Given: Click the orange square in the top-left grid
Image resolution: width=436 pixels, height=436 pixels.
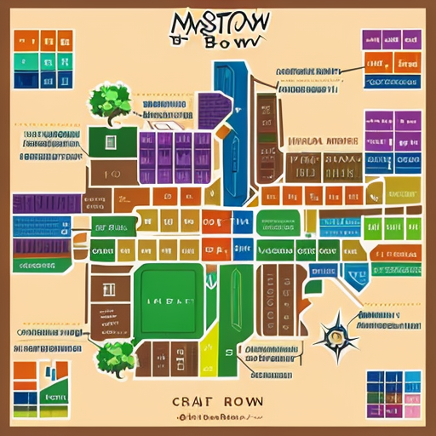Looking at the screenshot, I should point(26,42).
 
